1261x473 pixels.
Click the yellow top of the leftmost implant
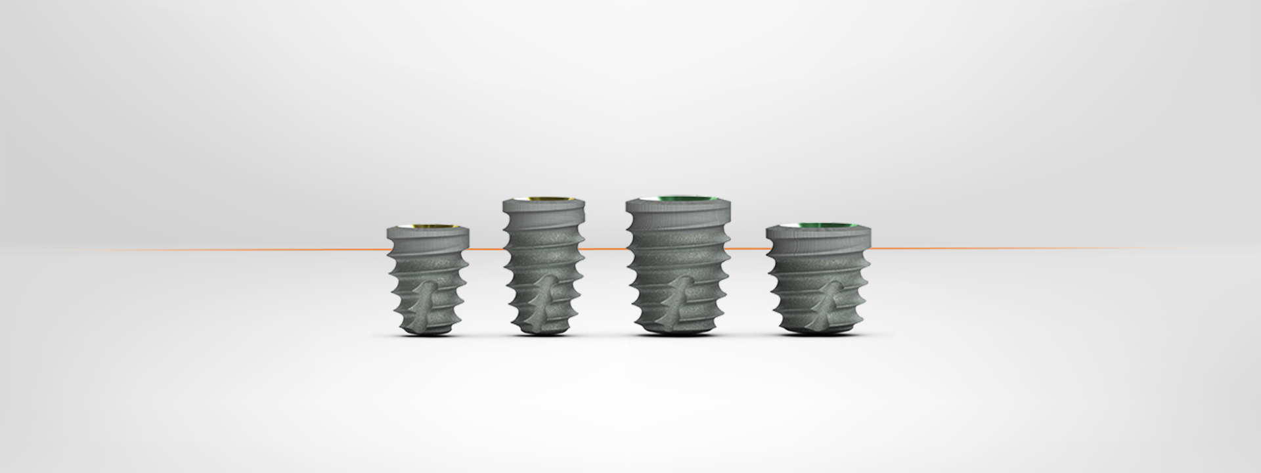point(427,227)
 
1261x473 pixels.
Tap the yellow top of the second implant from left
point(544,198)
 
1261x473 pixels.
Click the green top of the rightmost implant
point(819,226)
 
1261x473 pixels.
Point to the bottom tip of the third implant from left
point(678,332)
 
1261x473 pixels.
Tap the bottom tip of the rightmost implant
point(818,330)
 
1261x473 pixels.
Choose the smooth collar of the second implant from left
point(544,209)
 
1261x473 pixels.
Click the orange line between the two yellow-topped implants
point(487,250)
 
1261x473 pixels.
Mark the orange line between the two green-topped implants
point(749,249)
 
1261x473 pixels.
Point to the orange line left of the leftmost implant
point(263,250)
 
